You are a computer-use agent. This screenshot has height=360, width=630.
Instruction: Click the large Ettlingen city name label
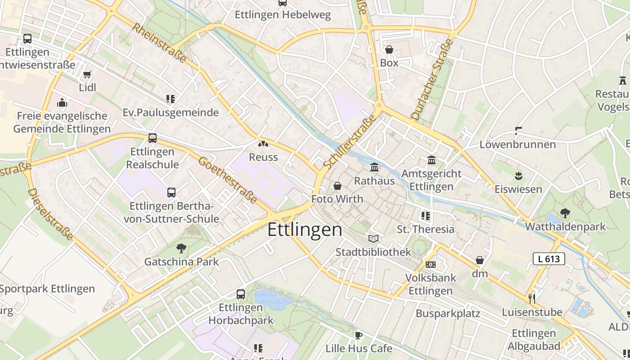tap(305, 229)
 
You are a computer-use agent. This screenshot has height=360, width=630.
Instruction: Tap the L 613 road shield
tap(549, 259)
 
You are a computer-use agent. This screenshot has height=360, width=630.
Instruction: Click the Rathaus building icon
tap(374, 168)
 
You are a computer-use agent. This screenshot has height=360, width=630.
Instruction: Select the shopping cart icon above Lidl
tap(87, 74)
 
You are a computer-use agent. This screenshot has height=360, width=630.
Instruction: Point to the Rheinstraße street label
tap(159, 43)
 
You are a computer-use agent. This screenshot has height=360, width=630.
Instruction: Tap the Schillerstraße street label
tap(349, 142)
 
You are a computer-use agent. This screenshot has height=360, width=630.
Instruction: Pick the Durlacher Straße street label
tap(432, 79)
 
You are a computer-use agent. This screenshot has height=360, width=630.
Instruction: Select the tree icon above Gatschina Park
tap(181, 248)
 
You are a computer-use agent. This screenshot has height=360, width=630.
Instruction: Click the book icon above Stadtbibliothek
tap(373, 238)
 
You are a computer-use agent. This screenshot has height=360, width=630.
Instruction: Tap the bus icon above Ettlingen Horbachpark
tap(241, 294)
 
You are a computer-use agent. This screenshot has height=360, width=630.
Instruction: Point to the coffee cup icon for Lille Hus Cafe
tap(359, 335)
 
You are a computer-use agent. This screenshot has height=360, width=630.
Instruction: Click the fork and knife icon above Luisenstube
tap(532, 298)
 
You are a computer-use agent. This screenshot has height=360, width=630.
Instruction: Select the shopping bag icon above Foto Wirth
tap(337, 186)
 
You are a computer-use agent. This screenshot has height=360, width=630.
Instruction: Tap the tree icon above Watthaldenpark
tap(565, 213)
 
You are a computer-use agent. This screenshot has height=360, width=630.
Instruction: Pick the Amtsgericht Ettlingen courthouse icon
tap(432, 160)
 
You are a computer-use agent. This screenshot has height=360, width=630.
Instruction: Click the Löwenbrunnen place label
tap(517, 144)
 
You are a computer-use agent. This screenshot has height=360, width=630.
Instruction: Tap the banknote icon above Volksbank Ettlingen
tap(431, 265)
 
